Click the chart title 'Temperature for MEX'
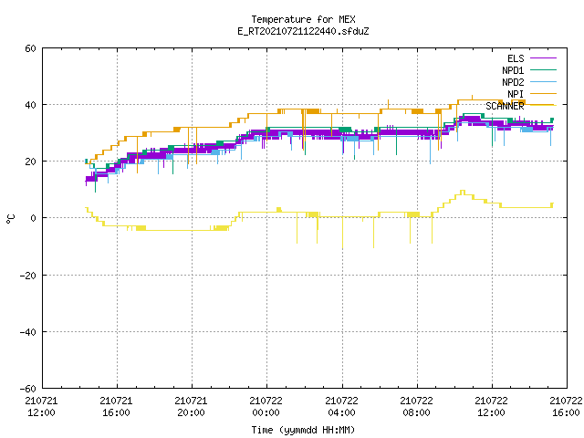[303, 19]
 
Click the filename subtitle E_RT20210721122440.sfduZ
[303, 31]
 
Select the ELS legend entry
[531, 58]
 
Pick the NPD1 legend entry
[529, 70]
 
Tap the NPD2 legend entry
[529, 82]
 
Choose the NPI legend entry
[531, 94]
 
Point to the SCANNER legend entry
[521, 106]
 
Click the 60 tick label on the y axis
[30, 48]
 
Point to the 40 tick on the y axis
[30, 105]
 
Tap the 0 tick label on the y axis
[34, 218]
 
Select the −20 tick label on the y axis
[28, 276]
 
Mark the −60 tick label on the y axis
[28, 389]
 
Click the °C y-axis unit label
[10, 219]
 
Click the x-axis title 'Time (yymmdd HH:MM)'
[303, 430]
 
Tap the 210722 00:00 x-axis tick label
[266, 407]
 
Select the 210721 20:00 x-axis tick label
[191, 407]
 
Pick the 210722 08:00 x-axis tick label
[416, 407]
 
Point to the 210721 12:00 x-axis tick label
[41, 407]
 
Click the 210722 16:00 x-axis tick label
[566, 407]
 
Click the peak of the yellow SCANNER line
[463, 191]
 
